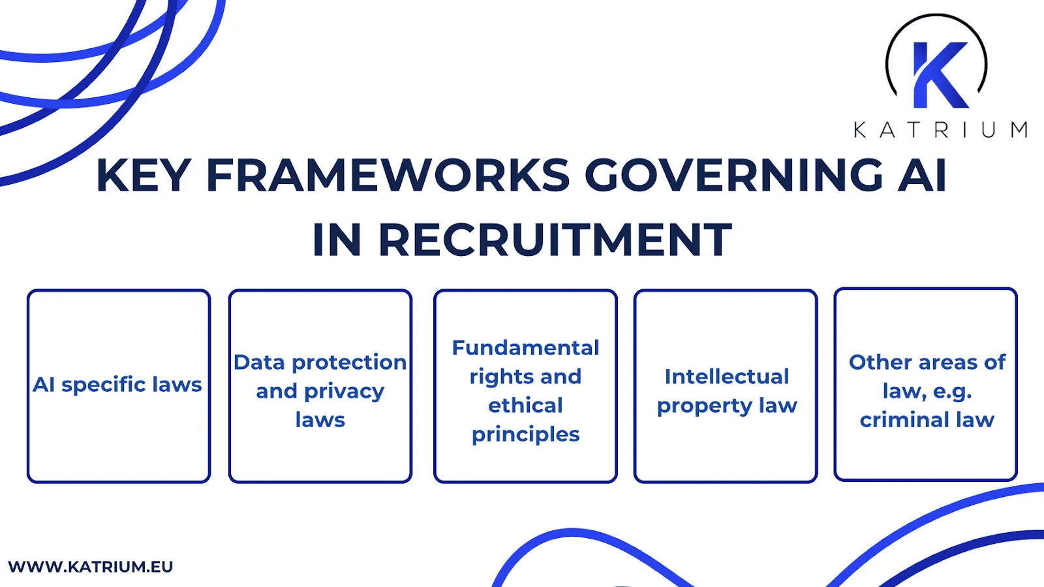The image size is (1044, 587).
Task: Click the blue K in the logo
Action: point(940,75)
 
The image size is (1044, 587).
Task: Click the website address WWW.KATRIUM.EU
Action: point(91,566)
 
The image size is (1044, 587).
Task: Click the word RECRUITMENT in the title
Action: point(555,240)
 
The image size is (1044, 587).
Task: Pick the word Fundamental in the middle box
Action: point(525,347)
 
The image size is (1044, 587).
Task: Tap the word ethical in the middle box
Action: point(525,405)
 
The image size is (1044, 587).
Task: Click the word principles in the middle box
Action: point(525,435)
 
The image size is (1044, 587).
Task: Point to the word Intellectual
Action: point(726,377)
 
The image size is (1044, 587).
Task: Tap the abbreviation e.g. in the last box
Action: point(952,392)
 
